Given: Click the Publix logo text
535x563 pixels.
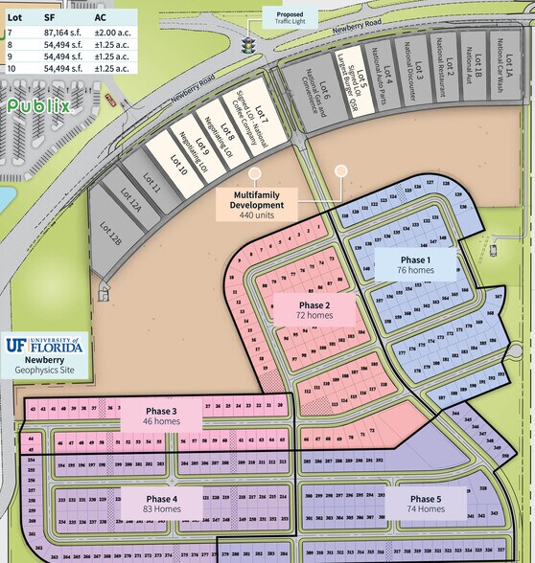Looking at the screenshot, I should click(x=39, y=105).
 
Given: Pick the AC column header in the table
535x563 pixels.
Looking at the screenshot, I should click(x=101, y=17).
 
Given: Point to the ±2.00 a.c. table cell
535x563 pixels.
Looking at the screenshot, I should click(x=113, y=34).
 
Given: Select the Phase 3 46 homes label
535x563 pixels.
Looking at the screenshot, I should click(x=162, y=416).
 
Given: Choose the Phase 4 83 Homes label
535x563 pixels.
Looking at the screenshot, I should click(x=162, y=504).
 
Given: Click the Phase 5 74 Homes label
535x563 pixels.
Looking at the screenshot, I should click(x=426, y=504).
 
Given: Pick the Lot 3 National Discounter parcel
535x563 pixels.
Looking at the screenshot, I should click(x=415, y=78).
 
